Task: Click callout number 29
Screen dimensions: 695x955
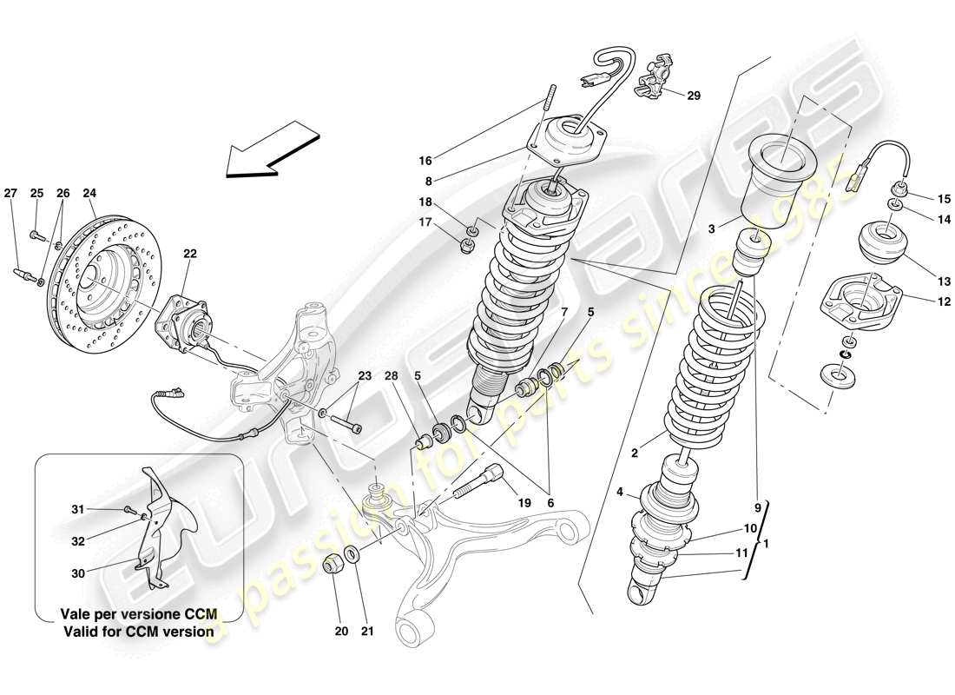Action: (x=693, y=96)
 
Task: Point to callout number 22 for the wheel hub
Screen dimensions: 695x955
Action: (x=191, y=254)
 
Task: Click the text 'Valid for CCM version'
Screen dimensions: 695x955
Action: (x=138, y=632)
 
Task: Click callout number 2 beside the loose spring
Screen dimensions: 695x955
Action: (x=635, y=452)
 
